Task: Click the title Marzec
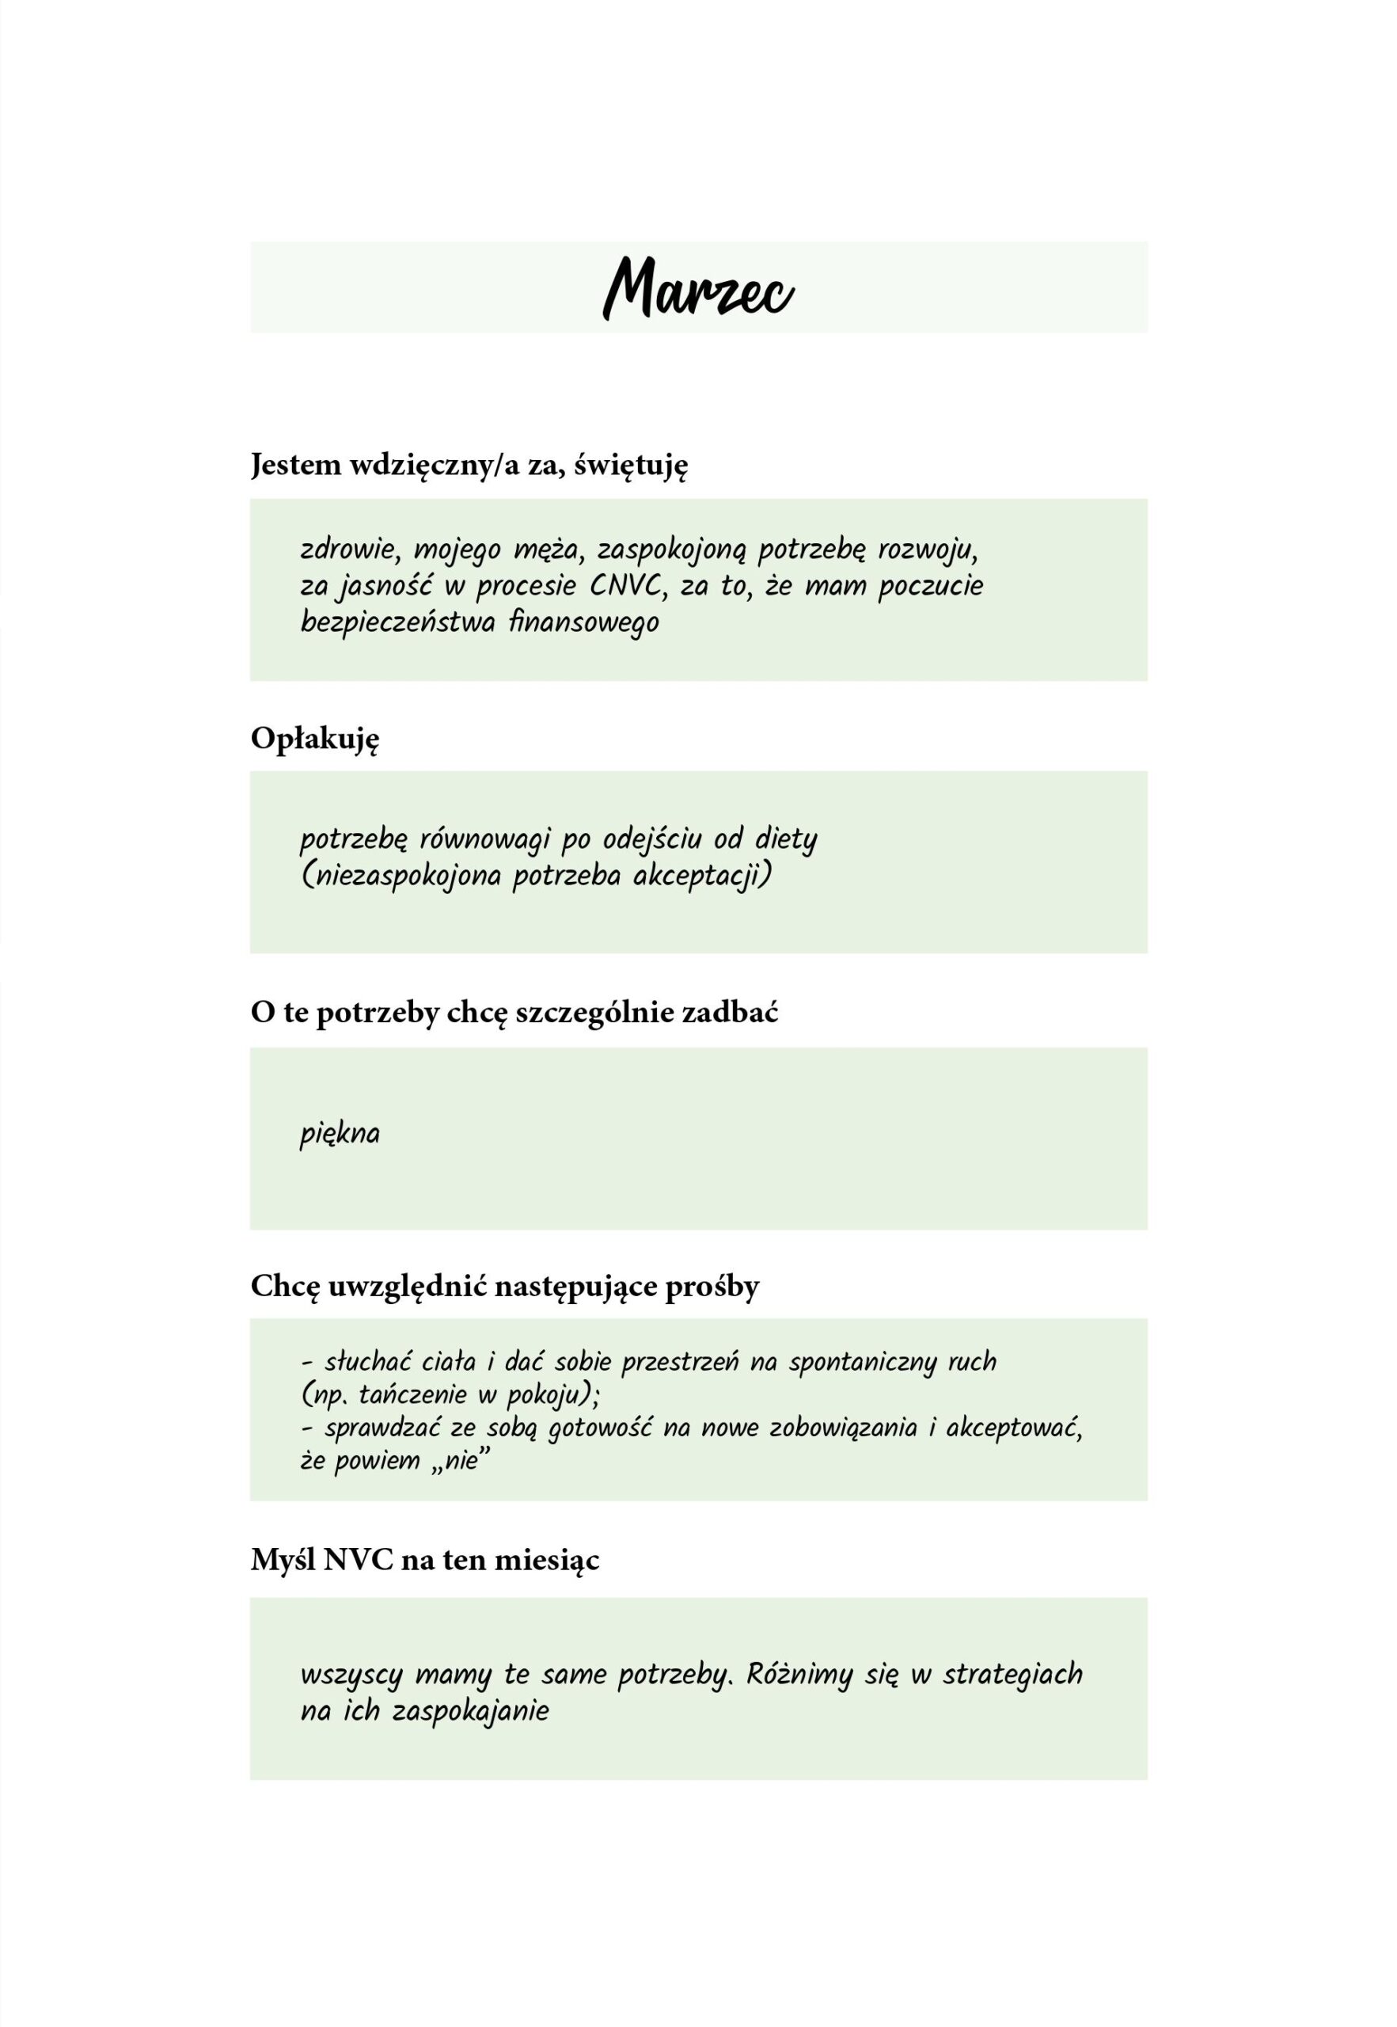[698, 289]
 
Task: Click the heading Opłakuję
[315, 740]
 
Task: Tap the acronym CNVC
[626, 586]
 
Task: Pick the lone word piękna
[340, 1135]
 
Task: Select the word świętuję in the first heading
[631, 465]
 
